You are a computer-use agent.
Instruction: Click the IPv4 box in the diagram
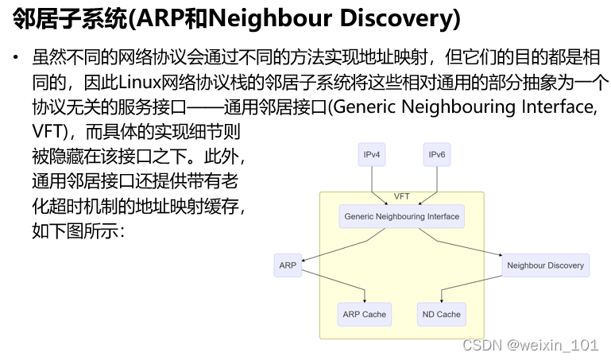click(x=371, y=154)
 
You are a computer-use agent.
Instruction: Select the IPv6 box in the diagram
click(x=436, y=154)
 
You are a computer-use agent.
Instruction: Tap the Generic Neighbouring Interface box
click(x=401, y=216)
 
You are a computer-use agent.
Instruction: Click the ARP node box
click(x=288, y=265)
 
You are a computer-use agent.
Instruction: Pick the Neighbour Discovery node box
click(x=545, y=265)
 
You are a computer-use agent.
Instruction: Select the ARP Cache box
click(x=364, y=314)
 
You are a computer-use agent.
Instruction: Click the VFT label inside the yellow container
click(x=402, y=196)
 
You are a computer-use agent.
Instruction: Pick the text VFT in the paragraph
click(x=45, y=130)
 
